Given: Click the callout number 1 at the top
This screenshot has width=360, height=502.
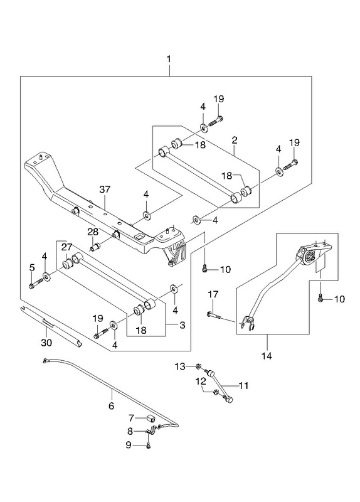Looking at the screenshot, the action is tap(169, 60).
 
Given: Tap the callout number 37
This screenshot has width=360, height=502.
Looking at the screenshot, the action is tap(105, 190).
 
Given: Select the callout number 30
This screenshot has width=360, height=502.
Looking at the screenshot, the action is tap(46, 343).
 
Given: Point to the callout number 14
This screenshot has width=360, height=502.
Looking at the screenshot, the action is tap(267, 356).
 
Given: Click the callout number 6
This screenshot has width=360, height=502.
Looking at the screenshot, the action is tap(112, 406).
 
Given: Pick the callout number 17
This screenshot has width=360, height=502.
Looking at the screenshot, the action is tap(213, 294).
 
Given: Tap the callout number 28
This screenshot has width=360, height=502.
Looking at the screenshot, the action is tap(92, 232).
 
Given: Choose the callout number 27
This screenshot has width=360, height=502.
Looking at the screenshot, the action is tap(67, 247).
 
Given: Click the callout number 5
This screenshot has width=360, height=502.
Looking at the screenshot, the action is tap(32, 267).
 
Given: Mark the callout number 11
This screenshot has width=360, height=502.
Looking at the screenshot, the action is tap(243, 385).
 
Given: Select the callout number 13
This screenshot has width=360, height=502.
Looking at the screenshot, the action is tap(180, 366).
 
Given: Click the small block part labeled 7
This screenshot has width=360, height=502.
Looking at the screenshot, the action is tap(151, 418).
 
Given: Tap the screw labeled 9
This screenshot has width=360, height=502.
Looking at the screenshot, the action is tap(149, 445).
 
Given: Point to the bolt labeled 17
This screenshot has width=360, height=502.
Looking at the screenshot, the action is tap(213, 316).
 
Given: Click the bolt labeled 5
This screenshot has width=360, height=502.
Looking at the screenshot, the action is tap(36, 284).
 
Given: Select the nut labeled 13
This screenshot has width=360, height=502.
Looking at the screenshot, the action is tap(198, 366).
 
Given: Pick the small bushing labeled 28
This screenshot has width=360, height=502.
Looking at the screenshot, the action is tap(96, 247).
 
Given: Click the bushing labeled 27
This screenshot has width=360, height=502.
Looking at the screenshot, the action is tap(67, 265).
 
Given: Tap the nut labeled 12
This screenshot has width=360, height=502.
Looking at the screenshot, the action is tap(214, 392).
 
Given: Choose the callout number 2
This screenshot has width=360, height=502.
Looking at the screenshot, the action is tap(235, 140).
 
